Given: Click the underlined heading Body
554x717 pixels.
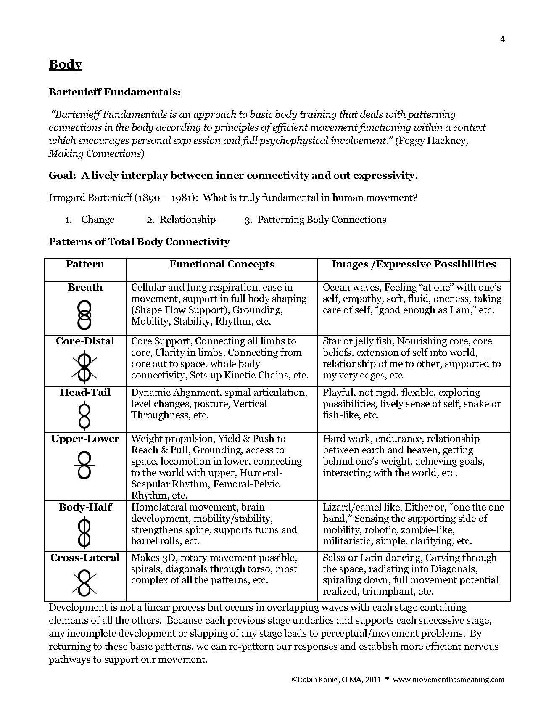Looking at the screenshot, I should [65, 64].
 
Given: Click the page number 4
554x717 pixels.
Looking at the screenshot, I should [502, 40].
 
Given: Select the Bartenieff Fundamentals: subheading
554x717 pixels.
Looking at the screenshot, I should [115, 92].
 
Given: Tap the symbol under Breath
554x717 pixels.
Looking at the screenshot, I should [84, 314].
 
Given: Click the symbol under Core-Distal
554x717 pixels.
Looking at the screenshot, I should [84, 368].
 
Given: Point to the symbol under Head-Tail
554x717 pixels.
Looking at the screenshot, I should [84, 415].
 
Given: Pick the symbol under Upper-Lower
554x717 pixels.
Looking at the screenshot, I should [84, 465].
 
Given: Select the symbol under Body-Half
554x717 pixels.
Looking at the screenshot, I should [84, 533].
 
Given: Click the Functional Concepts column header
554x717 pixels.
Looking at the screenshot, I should [222, 264].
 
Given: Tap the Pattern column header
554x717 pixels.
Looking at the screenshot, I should [85, 264].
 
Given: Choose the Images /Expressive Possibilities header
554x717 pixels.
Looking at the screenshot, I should [414, 264].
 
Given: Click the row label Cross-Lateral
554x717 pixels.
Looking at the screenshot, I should [85, 558].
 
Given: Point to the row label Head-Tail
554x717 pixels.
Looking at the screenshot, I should [85, 392].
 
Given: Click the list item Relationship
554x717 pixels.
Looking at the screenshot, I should [187, 220].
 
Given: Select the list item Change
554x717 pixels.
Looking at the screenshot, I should [98, 220].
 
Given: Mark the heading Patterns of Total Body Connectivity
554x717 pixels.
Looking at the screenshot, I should [139, 242].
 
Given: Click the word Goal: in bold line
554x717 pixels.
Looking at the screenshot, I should [63, 175].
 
